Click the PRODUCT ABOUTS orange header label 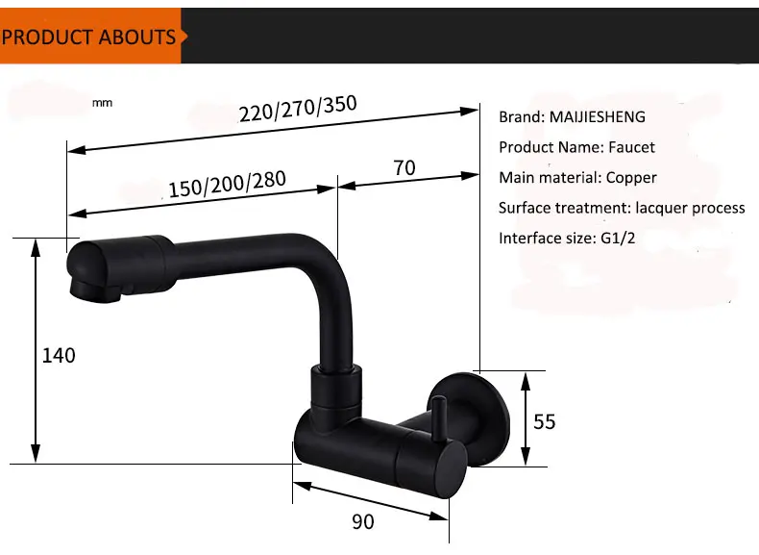88,38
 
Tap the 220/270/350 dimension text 298,109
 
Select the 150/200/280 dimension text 227,184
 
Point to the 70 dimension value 404,168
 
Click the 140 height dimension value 59,356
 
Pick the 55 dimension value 544,421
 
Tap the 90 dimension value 363,522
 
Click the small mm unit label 102,103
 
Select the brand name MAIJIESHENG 598,116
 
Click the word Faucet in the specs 631,147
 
